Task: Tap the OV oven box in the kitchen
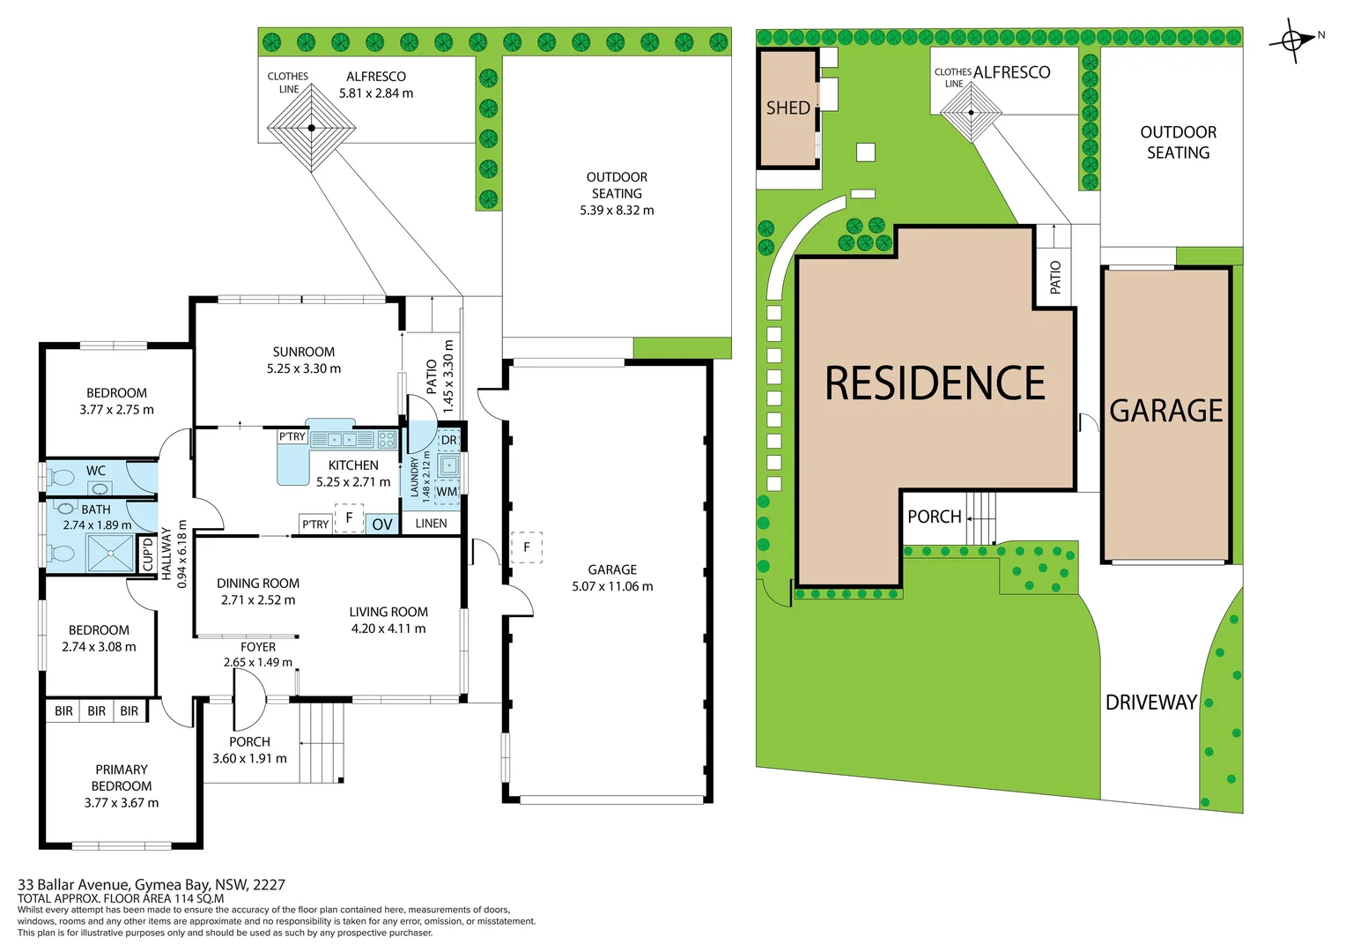[x=381, y=524]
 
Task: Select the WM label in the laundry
[x=447, y=491]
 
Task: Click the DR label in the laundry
[x=448, y=440]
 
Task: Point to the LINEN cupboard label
[x=431, y=524]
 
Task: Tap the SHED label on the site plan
[x=788, y=108]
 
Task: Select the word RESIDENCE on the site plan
[x=935, y=383]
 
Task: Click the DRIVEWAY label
[x=1150, y=703]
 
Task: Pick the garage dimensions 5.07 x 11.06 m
[x=612, y=586]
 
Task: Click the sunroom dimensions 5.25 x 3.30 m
[x=303, y=368]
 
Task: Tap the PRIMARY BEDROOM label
[x=122, y=777]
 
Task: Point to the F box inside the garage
[x=527, y=547]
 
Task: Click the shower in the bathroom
[x=110, y=553]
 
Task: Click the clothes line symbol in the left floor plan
[x=311, y=128]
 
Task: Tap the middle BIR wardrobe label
[x=96, y=711]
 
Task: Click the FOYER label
[x=258, y=647]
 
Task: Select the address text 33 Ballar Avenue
[x=73, y=885]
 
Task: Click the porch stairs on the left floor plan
[x=321, y=742]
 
